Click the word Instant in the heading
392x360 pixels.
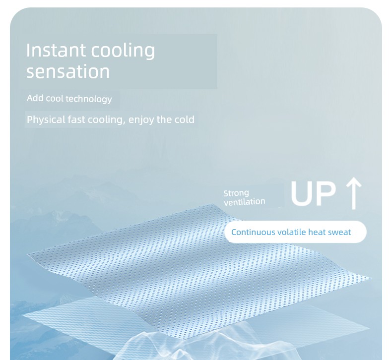coord(56,50)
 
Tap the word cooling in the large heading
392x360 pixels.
coord(123,51)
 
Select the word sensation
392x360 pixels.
coord(68,71)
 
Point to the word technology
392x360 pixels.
coord(89,99)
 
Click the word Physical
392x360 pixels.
coord(46,120)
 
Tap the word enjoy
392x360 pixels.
coord(141,120)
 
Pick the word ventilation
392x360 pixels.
coord(244,202)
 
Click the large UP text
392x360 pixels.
coord(313,193)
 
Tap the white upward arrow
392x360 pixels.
coord(353,193)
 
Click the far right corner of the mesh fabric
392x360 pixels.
coord(371,278)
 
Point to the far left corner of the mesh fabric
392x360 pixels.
coord(27,254)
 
